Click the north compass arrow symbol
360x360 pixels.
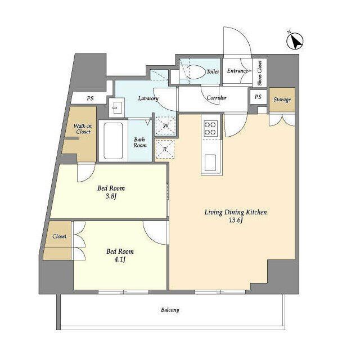[x=295, y=41]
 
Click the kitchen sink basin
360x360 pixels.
[x=210, y=163]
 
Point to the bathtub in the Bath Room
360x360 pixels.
[x=113, y=141]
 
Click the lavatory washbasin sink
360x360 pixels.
[x=117, y=107]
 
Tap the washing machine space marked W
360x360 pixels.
[x=165, y=126]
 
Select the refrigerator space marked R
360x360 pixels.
[x=165, y=149]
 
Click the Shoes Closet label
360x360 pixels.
[x=259, y=73]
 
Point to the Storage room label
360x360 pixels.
[x=282, y=100]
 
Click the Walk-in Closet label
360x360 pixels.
[x=83, y=129]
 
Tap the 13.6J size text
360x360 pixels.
[x=236, y=220]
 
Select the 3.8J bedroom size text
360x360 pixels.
[x=111, y=196]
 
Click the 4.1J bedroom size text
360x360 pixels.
[x=120, y=260]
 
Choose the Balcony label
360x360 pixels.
[x=170, y=310]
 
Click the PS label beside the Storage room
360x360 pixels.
[x=258, y=97]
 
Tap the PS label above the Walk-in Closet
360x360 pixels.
[x=90, y=98]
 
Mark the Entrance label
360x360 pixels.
[x=237, y=71]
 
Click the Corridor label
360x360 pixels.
[x=217, y=98]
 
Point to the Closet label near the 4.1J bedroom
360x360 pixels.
[x=60, y=236]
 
